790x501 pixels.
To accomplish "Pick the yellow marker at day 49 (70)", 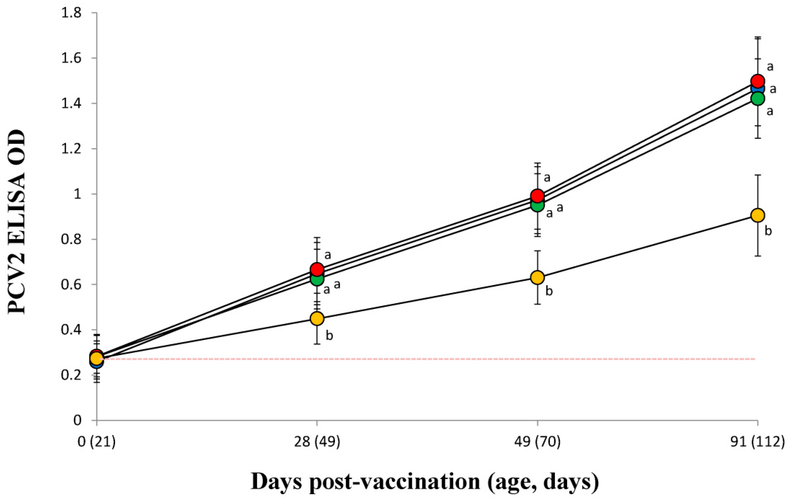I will (537, 278).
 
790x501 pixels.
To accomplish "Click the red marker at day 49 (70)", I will (537, 196).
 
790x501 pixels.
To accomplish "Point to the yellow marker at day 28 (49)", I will (317, 318).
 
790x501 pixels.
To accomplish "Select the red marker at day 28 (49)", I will (317, 269).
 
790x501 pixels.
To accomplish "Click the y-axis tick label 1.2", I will (72, 149).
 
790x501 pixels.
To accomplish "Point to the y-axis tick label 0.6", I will (72, 284).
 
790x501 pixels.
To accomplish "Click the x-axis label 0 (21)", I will (96, 443).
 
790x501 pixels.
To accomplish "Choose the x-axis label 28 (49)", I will (317, 443).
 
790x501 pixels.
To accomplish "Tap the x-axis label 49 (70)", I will (537, 443).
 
